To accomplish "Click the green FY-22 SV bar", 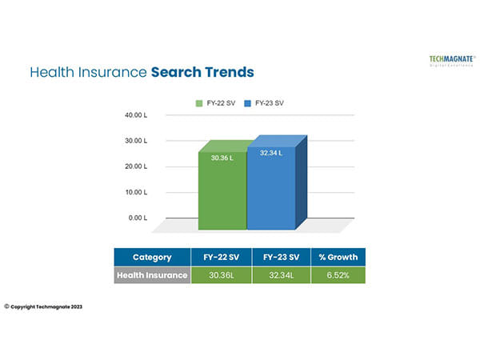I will click(222, 192).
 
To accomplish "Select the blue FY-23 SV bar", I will click(270, 192).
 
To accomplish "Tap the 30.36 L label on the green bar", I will click(222, 158).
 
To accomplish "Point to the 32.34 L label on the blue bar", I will click(270, 153).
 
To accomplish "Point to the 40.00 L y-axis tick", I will click(136, 115).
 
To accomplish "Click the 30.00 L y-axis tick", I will click(136, 141).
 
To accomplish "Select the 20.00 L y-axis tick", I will click(136, 166).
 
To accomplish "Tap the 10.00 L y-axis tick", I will click(136, 193).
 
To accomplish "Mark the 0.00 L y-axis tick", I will click(138, 218).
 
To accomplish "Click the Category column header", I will click(152, 258).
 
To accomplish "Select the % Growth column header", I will click(338, 258).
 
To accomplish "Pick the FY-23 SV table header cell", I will click(281, 258).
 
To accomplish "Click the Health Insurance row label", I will click(152, 275).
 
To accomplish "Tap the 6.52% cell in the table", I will click(338, 275).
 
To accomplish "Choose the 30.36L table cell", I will click(222, 275).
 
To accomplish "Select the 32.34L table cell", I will click(281, 275).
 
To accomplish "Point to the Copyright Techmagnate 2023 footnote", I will click(43, 306).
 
